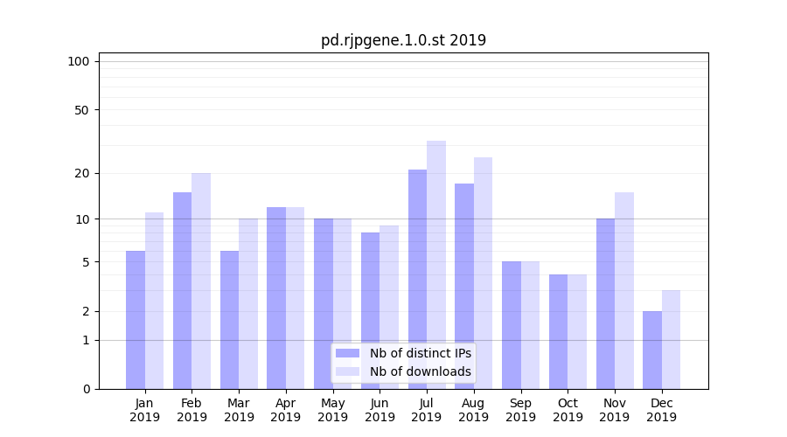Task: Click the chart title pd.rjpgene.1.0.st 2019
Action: click(403, 40)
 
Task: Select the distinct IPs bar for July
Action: click(417, 279)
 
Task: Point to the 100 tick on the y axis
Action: click(79, 61)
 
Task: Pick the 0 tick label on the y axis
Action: click(86, 389)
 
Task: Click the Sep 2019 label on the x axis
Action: click(520, 410)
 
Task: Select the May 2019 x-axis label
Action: click(332, 410)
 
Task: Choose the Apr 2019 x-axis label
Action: click(286, 410)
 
